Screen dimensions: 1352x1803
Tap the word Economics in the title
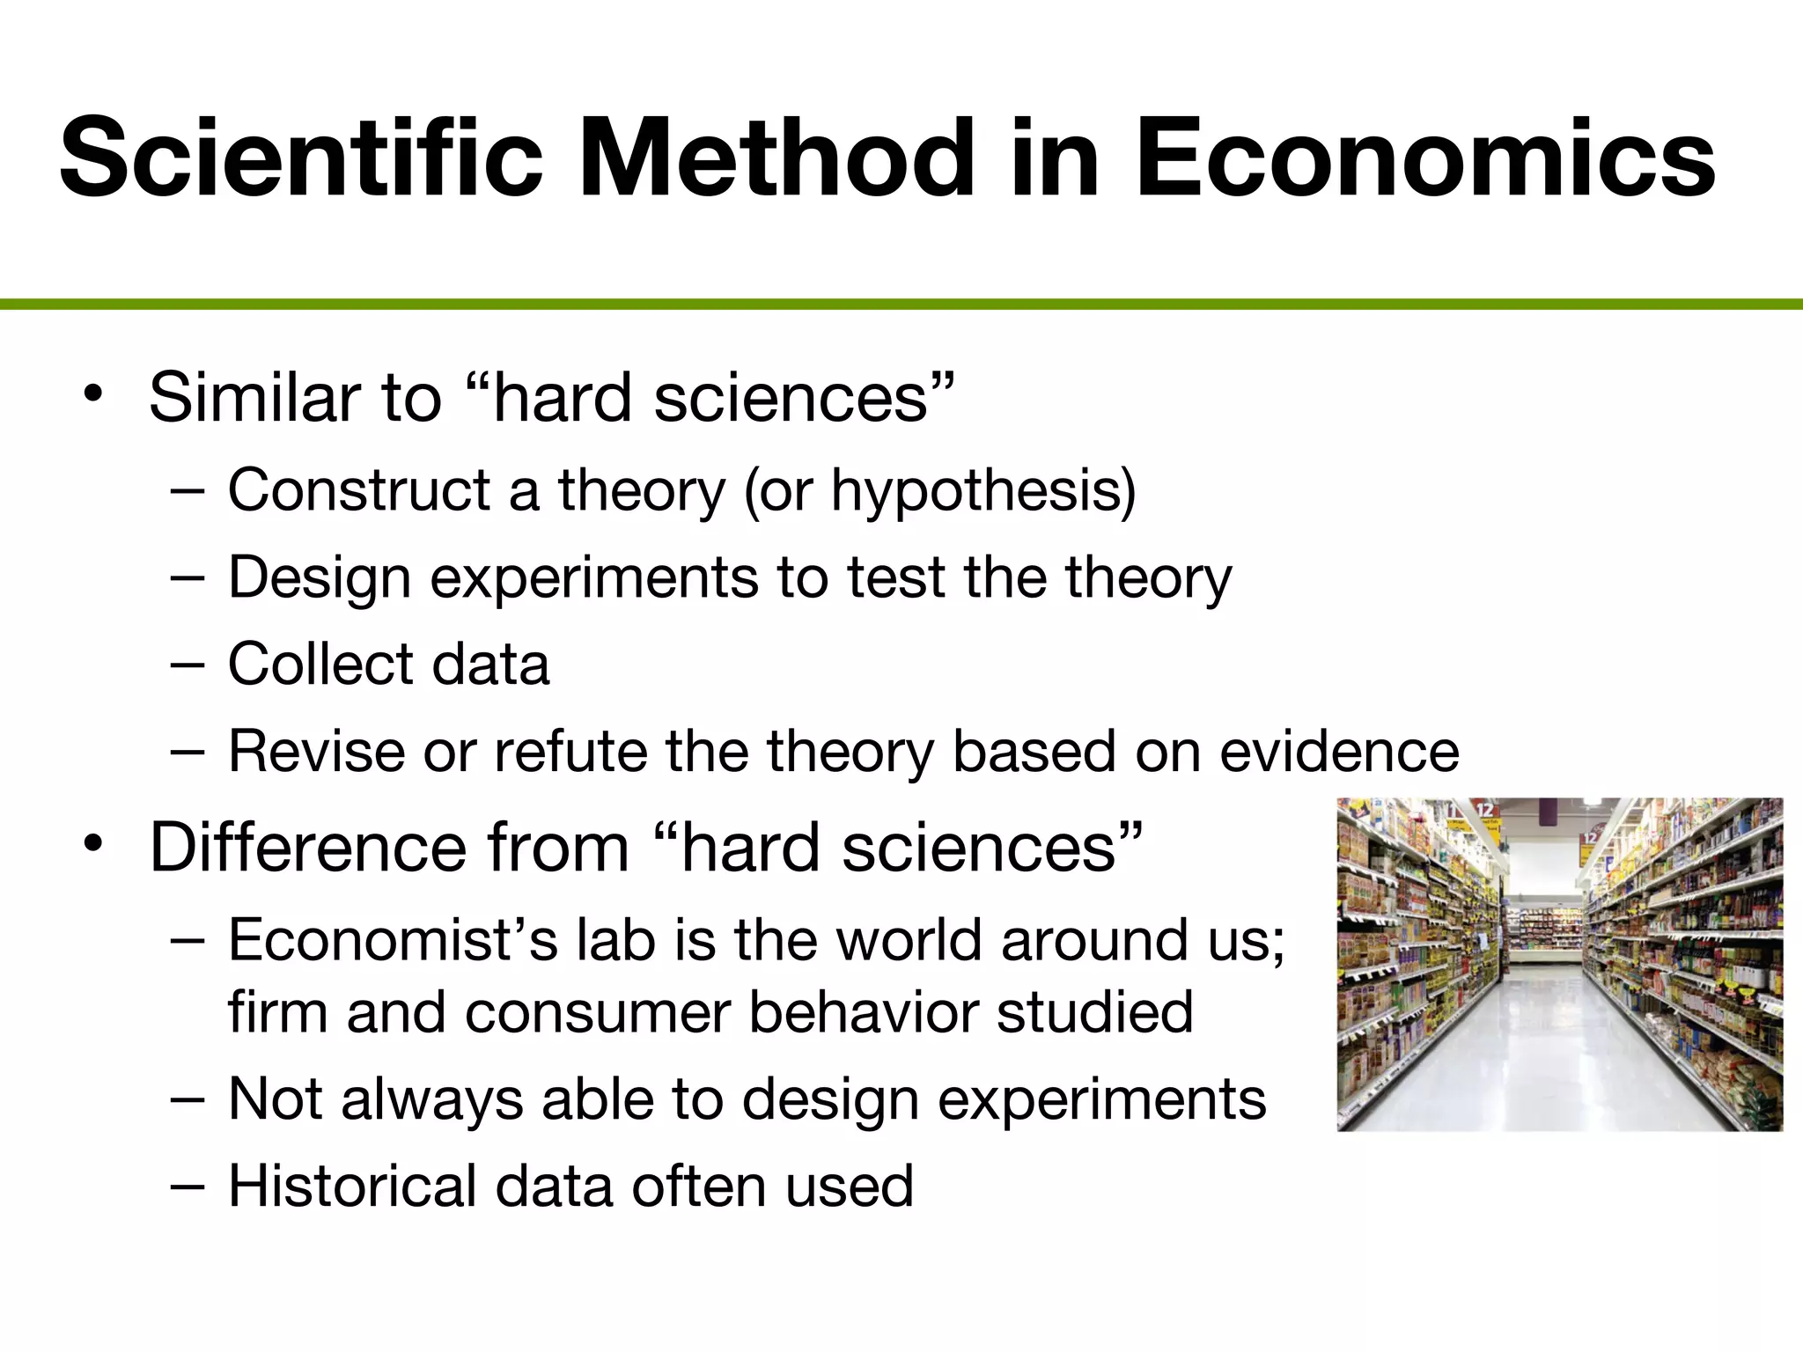[x=1424, y=158]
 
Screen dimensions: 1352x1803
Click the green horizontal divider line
[x=901, y=305]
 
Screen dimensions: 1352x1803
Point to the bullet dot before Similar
[x=93, y=393]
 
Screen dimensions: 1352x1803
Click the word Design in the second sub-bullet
[x=320, y=578]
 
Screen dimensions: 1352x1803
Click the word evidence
[x=1339, y=752]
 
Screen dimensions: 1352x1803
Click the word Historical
[x=352, y=1186]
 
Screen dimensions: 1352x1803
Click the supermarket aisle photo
[x=1559, y=964]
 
